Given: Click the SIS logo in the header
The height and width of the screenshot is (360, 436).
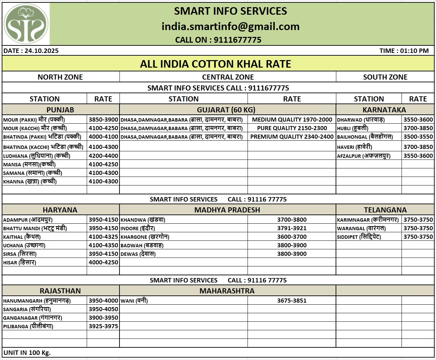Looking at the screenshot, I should pyautogui.click(x=26, y=24).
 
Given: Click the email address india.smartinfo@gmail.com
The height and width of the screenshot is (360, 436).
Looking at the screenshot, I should pyautogui.click(x=230, y=26).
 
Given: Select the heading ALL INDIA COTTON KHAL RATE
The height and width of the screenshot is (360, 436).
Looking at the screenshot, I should pyautogui.click(x=215, y=64).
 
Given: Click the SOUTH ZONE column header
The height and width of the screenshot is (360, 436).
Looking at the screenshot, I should pyautogui.click(x=385, y=77).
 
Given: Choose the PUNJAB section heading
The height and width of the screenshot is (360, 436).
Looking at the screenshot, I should pyautogui.click(x=60, y=110).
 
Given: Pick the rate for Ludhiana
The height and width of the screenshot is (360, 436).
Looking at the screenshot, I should pyautogui.click(x=103, y=156).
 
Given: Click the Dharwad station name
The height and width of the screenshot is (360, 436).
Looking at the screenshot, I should pyautogui.click(x=361, y=120).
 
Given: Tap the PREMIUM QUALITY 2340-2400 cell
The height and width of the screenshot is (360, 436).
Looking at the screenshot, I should pyautogui.click(x=292, y=137).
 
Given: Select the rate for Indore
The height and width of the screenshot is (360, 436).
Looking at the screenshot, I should pyautogui.click(x=292, y=228).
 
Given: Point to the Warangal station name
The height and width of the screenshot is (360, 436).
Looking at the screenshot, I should pyautogui.click(x=361, y=228).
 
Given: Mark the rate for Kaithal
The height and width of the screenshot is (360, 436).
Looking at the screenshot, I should pyautogui.click(x=103, y=237).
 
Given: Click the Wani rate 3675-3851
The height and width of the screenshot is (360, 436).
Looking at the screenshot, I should pyautogui.click(x=292, y=301).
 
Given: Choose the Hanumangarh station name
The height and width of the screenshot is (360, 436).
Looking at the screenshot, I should pyautogui.click(x=37, y=301).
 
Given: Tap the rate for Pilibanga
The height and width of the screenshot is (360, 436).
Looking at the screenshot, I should pyautogui.click(x=103, y=326).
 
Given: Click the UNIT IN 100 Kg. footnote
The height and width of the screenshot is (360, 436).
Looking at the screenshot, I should pyautogui.click(x=27, y=352).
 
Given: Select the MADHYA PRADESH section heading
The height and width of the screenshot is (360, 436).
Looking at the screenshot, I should pyautogui.click(x=227, y=210).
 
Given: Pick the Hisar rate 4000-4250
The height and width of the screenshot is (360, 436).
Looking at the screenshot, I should pyautogui.click(x=103, y=262).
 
